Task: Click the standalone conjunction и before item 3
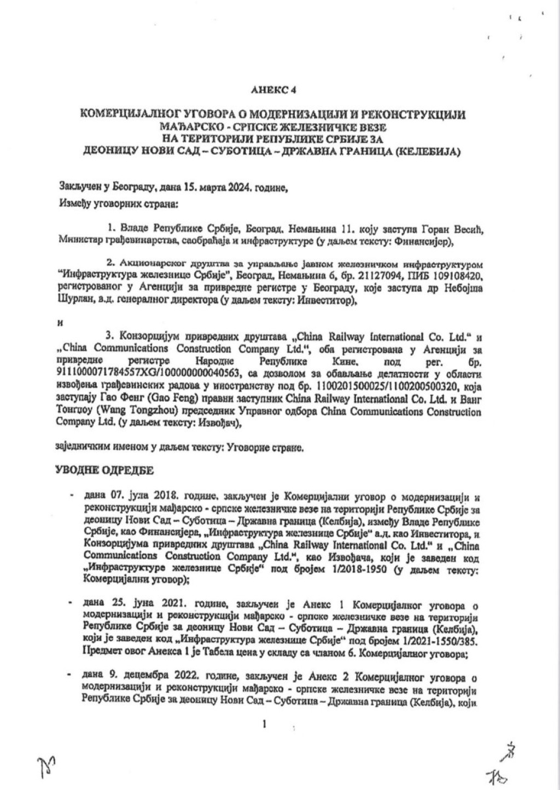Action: click(59, 323)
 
